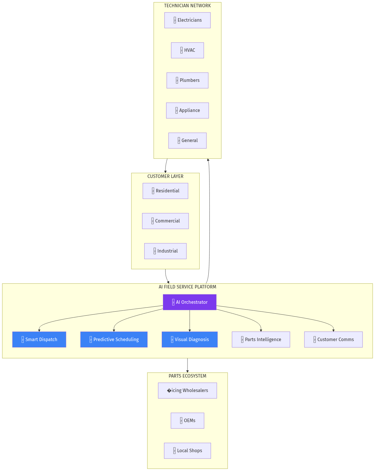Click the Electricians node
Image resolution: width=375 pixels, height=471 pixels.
[x=187, y=20]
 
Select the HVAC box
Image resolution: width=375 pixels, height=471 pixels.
[x=187, y=50]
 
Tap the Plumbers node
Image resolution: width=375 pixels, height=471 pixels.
[x=187, y=80]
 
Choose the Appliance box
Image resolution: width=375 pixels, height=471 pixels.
[x=187, y=111]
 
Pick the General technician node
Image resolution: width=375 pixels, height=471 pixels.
[x=187, y=141]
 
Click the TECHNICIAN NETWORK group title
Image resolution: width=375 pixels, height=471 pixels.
[x=187, y=6]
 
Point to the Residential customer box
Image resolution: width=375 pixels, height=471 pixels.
[x=165, y=191]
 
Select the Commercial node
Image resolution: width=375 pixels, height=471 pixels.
[x=165, y=221]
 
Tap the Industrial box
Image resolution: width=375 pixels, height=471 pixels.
[x=165, y=251]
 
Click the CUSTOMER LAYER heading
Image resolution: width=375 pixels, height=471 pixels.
[x=165, y=176]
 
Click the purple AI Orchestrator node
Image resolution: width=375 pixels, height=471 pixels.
[x=190, y=302]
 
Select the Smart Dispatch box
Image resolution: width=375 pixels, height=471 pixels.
[x=39, y=340]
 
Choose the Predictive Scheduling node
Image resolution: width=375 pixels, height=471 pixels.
[x=114, y=340]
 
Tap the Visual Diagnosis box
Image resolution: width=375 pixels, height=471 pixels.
[x=190, y=340]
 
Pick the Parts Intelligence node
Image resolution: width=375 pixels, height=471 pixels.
[x=261, y=340]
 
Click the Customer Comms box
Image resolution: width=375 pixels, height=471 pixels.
[x=333, y=340]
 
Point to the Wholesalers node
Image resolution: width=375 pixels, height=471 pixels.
[x=187, y=391]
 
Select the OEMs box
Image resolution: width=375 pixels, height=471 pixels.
[x=187, y=421]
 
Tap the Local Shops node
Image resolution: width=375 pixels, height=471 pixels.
[x=187, y=451]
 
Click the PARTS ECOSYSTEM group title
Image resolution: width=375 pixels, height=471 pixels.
[x=187, y=376]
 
